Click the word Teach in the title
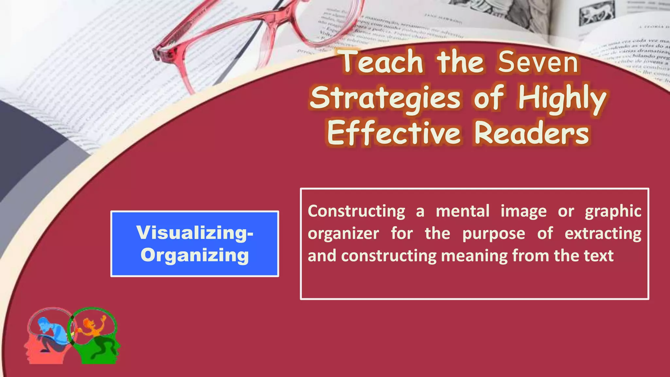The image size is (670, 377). [382, 62]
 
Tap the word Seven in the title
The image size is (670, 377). [538, 62]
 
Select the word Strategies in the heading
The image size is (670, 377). [385, 98]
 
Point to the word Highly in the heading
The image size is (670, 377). [562, 98]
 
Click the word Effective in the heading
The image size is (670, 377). [394, 134]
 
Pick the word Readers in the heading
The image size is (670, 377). [532, 134]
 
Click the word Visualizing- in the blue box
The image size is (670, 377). [195, 233]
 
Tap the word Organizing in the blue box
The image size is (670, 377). [195, 255]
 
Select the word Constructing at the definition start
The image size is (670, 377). [356, 211]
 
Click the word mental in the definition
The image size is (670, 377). [463, 211]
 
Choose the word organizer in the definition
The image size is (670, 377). [343, 234]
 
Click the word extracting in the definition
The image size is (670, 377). [603, 234]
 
